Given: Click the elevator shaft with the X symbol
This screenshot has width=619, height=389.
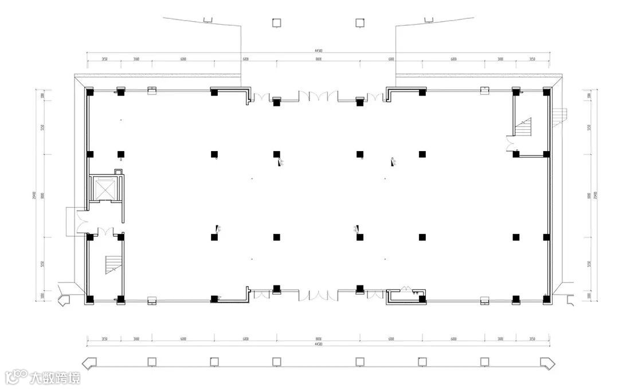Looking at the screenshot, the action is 104,189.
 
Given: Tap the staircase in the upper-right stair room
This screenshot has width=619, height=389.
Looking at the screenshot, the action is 524,126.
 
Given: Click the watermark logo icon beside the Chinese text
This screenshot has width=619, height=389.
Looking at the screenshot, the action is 16,377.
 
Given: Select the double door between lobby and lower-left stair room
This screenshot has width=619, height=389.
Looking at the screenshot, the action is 105,232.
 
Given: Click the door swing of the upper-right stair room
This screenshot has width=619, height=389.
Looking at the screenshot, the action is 510,143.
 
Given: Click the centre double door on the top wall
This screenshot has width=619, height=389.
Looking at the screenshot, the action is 318,96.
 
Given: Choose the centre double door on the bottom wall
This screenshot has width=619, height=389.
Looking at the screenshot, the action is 318,295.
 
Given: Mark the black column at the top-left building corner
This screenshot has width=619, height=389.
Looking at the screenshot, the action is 90,92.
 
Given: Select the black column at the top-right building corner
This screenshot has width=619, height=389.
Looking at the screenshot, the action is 546,92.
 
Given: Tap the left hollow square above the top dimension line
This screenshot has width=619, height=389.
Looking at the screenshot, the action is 276,22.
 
